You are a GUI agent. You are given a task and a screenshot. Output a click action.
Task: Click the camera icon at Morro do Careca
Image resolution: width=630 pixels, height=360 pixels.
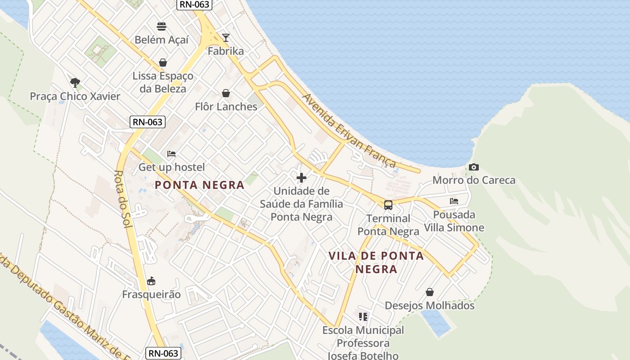(473, 167)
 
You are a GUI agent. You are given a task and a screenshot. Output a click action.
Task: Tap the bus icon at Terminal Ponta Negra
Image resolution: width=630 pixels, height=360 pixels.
(388, 205)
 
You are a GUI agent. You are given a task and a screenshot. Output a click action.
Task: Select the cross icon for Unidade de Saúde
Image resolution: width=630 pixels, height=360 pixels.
(301, 177)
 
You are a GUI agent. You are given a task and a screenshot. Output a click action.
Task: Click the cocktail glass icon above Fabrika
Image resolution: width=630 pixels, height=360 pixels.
(226, 37)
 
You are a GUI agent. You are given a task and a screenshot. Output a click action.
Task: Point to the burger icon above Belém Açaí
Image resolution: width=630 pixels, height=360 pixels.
(162, 27)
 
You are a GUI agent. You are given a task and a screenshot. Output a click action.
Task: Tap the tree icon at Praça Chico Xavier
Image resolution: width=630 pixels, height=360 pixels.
(75, 82)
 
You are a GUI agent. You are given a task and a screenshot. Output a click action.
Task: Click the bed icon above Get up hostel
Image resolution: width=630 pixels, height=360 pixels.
(171, 154)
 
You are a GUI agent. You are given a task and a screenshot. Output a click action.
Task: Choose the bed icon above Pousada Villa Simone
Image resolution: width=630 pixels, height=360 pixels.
(454, 201)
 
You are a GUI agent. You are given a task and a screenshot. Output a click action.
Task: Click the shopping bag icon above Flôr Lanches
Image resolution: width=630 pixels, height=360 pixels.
(226, 93)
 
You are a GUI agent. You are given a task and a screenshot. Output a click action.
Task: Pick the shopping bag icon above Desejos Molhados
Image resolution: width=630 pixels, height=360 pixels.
(430, 292)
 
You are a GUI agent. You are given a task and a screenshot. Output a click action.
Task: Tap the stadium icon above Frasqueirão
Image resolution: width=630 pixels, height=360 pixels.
(151, 281)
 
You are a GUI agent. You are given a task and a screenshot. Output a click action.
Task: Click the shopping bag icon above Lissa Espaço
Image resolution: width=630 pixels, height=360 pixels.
(163, 63)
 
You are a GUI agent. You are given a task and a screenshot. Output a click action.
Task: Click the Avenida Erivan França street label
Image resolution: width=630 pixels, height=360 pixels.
(349, 130)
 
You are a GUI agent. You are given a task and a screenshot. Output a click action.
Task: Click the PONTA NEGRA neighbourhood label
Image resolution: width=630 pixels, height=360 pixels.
(199, 184)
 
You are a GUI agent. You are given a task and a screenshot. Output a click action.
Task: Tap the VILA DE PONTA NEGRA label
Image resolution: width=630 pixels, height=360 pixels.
(376, 262)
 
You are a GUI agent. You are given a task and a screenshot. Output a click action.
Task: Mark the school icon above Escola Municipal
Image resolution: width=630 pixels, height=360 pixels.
(363, 316)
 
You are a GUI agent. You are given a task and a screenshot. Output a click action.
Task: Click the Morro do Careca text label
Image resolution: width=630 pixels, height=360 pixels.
(474, 180)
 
